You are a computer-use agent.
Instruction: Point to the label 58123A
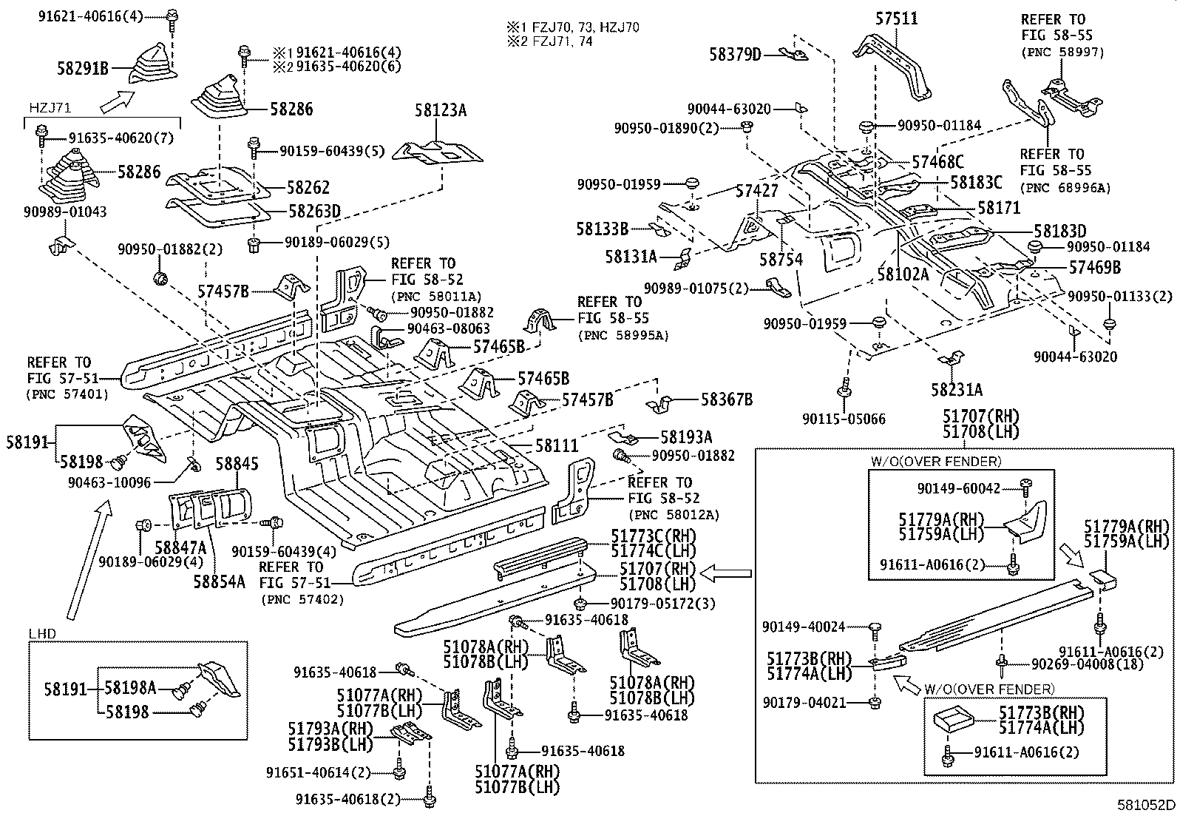pos(441,111)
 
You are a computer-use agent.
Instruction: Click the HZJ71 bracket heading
pos(49,108)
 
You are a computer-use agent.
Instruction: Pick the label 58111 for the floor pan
pos(557,445)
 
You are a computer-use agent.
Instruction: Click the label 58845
pos(237,464)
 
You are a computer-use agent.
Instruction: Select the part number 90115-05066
pos(844,419)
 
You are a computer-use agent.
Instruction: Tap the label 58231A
pos(957,390)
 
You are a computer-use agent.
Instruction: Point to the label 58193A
pos(686,437)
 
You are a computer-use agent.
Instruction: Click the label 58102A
pos(903,273)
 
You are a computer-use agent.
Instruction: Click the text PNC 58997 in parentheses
pos(1062,52)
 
